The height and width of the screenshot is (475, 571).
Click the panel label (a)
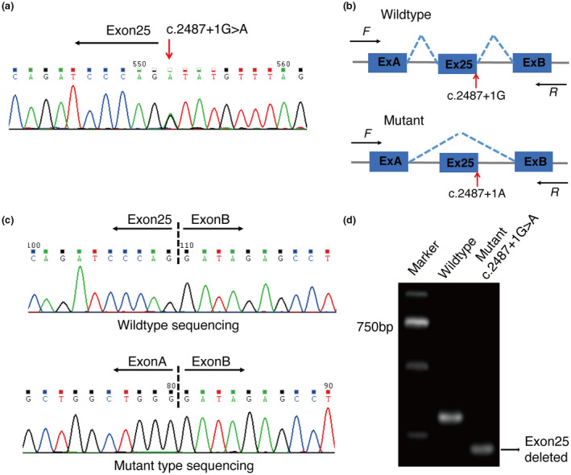15,8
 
